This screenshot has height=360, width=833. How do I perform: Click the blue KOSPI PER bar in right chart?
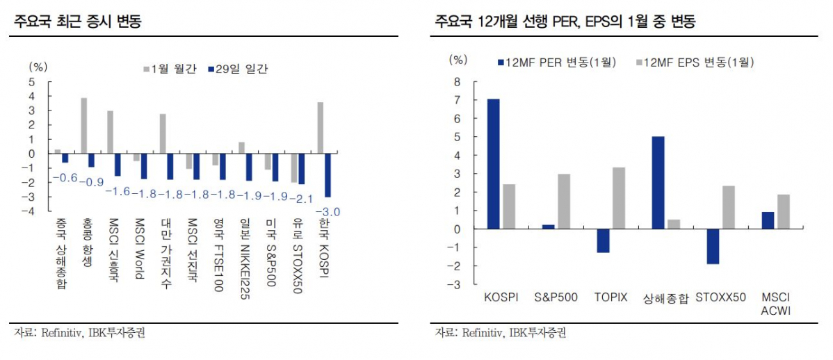pyautogui.click(x=493, y=164)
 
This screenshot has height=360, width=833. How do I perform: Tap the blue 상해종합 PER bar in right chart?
pyautogui.click(x=658, y=183)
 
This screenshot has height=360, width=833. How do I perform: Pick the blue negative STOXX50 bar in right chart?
pyautogui.click(x=713, y=247)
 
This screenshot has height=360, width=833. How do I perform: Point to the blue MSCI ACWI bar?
pyautogui.click(x=768, y=220)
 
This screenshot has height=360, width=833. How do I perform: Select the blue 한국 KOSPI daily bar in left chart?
pyautogui.click(x=327, y=176)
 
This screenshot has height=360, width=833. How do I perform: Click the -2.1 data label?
pyautogui.click(x=301, y=199)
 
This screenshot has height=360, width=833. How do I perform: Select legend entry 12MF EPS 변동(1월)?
pyautogui.click(x=695, y=63)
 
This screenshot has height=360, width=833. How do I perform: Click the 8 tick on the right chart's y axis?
pyautogui.click(x=457, y=81)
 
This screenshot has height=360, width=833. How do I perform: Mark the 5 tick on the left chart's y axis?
pyautogui.click(x=31, y=81)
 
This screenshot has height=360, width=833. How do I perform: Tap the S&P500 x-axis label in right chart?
pyautogui.click(x=556, y=297)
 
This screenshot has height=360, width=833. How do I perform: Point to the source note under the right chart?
pyautogui.click(x=500, y=334)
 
